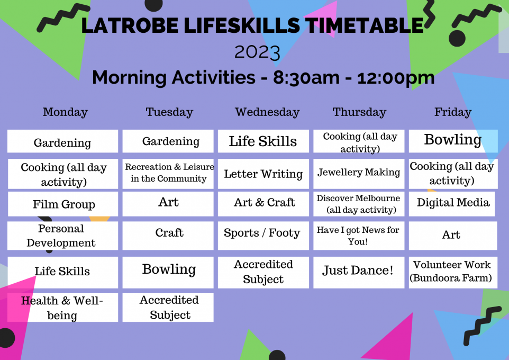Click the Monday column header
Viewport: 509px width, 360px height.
[65, 112]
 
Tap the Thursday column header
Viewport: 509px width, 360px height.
[359, 112]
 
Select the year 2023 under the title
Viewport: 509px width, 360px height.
[257, 52]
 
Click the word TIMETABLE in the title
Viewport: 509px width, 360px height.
[365, 25]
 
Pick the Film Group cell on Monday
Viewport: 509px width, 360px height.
[63, 204]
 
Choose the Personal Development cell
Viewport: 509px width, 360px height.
[62, 236]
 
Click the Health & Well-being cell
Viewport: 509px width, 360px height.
[62, 308]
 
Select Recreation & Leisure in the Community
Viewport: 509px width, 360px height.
[168, 174]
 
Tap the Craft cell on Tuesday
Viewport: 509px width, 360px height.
[168, 236]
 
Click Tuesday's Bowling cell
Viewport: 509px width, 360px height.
[168, 272]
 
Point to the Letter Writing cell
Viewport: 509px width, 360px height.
[263, 174]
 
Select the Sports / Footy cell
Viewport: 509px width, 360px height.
[263, 236]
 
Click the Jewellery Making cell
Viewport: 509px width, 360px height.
[359, 174]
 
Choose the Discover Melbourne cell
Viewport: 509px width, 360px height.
[359, 204]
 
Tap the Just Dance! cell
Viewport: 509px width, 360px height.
[359, 272]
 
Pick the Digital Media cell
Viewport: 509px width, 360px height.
[452, 204]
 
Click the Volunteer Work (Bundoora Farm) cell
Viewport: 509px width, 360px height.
[453, 272]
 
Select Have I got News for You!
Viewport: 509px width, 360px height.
[359, 236]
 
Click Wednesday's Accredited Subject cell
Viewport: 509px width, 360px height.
[263, 272]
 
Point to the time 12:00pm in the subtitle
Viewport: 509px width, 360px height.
[396, 77]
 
